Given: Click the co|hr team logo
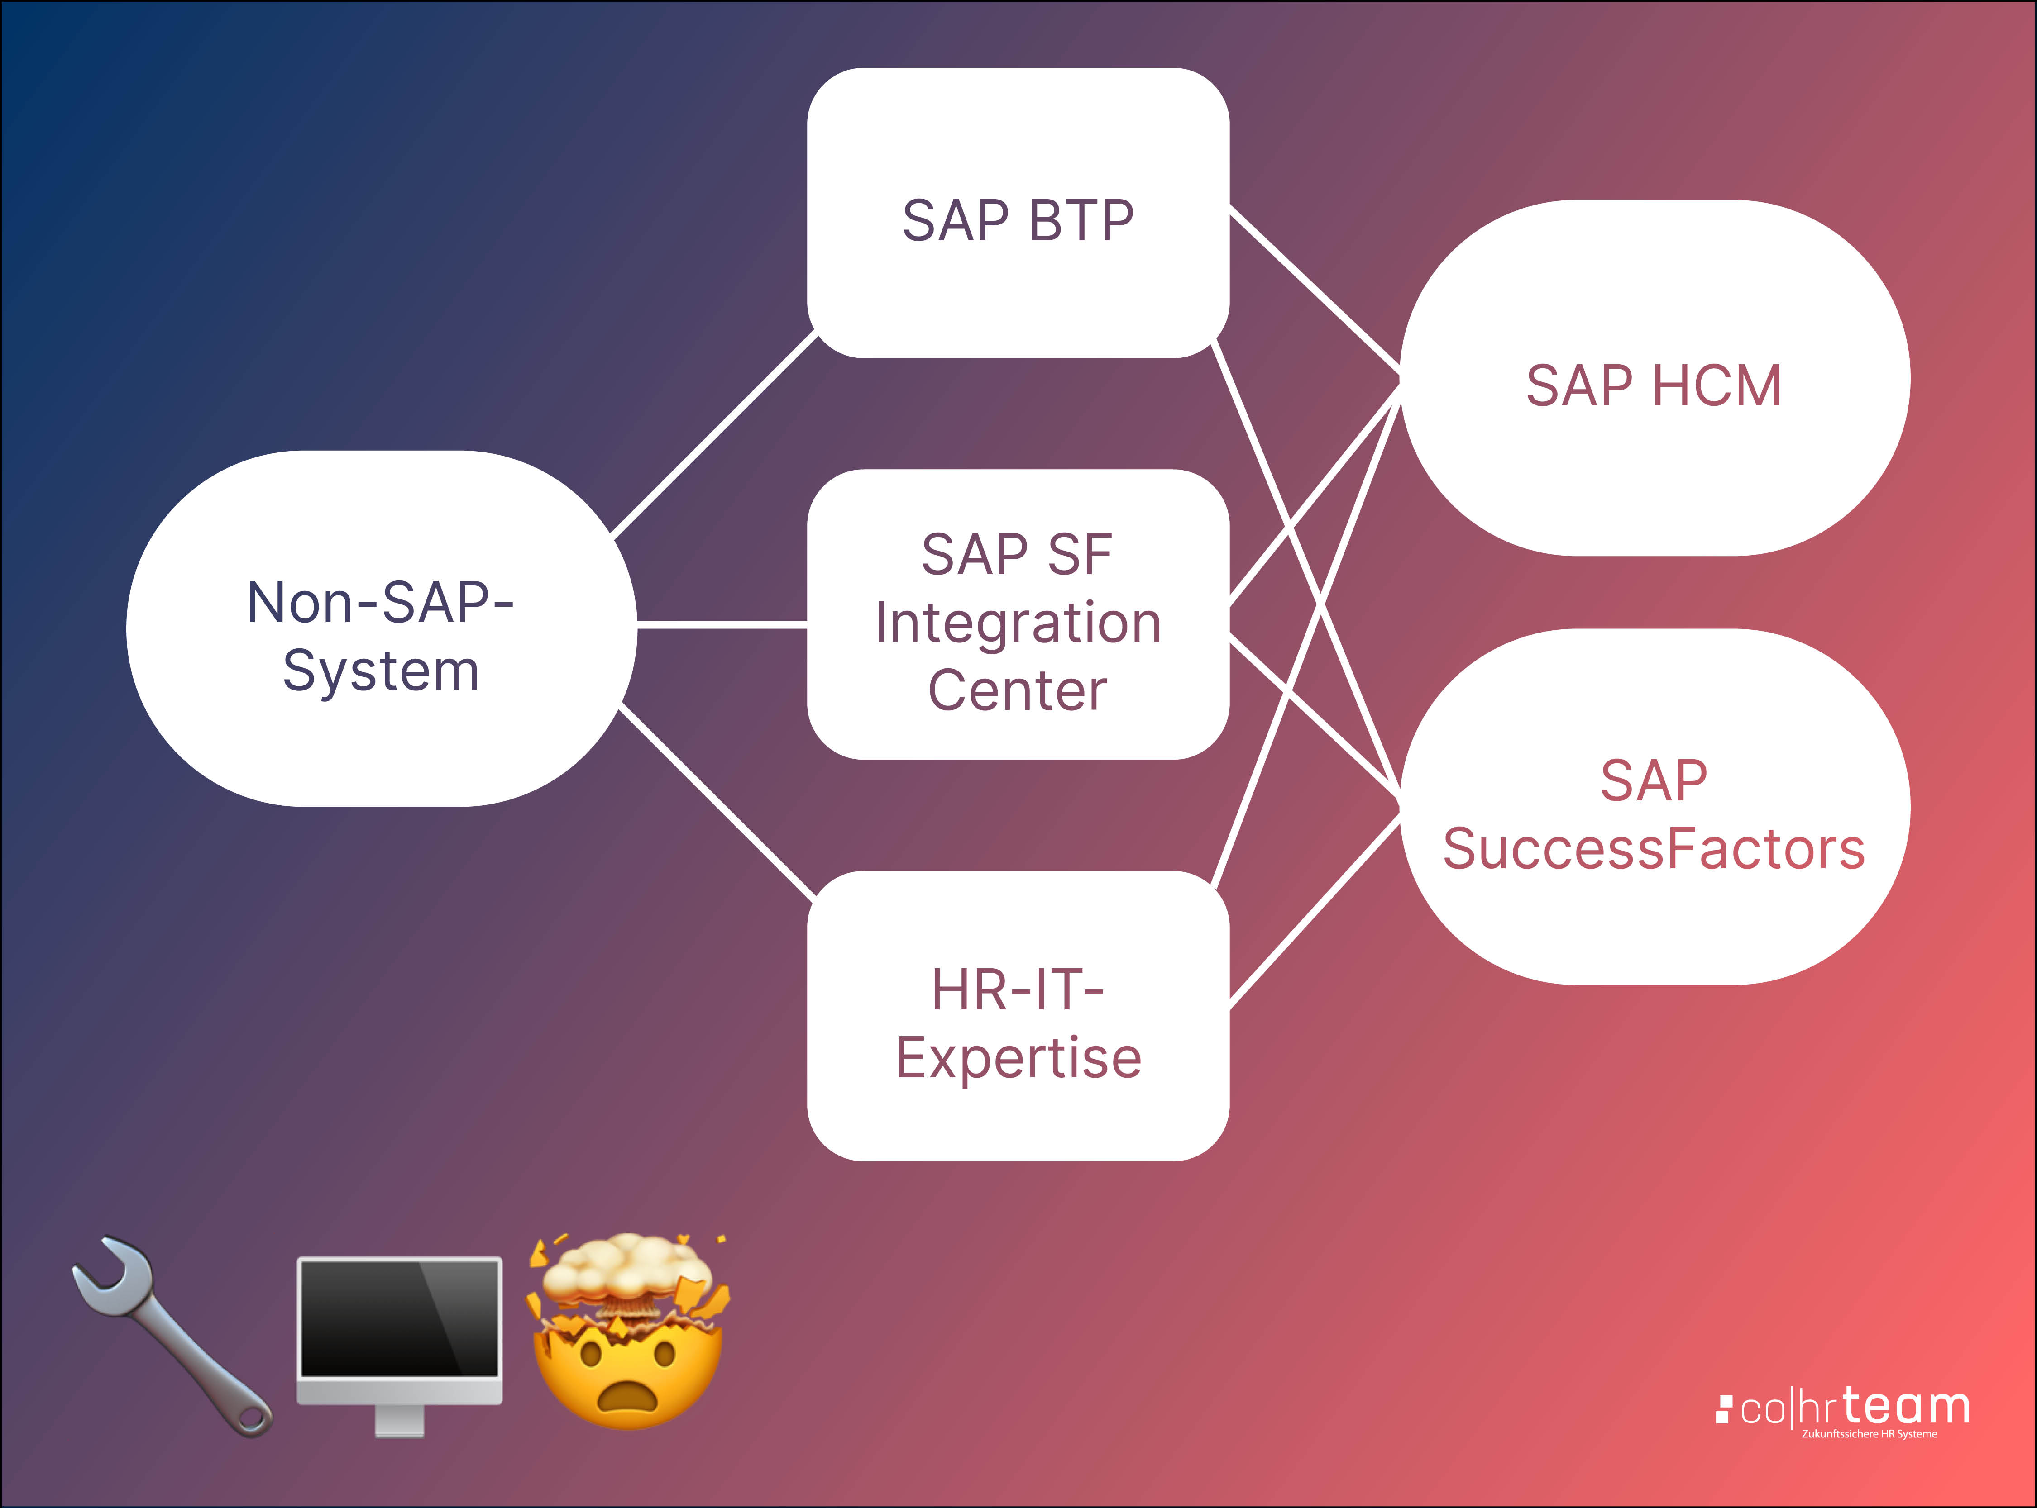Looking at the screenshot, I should (x=1844, y=1408).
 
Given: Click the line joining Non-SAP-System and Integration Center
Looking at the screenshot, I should (x=721, y=624).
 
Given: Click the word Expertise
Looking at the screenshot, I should (x=1018, y=1059).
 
